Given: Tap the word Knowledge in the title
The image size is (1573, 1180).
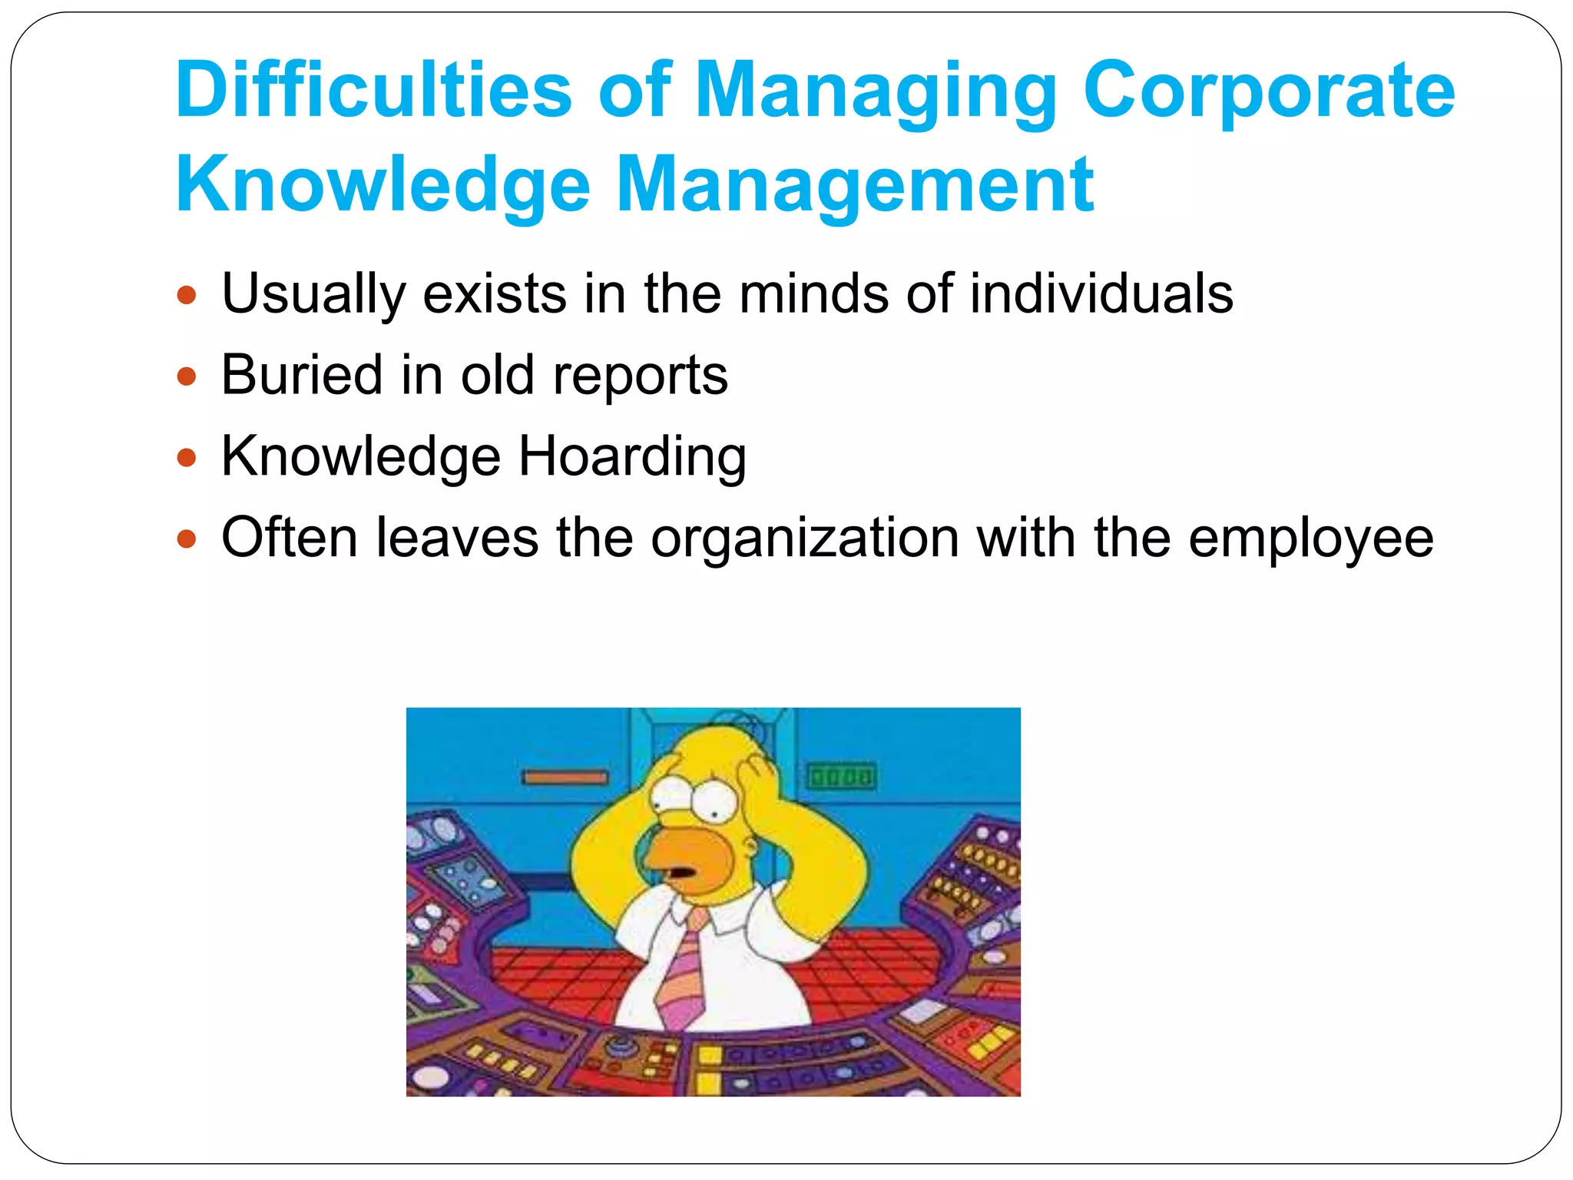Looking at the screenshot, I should pyautogui.click(x=382, y=185).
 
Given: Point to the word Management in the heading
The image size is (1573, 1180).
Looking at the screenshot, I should pyautogui.click(x=855, y=185).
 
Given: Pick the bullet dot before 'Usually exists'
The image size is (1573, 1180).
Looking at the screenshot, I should pyautogui.click(x=187, y=296).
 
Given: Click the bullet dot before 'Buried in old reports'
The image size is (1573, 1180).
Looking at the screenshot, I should pyautogui.click(x=187, y=376).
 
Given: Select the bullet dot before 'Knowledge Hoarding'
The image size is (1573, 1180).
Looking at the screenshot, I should pyautogui.click(x=187, y=458).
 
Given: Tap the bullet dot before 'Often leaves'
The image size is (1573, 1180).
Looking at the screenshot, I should pyautogui.click(x=187, y=539).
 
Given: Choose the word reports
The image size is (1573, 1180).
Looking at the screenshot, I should pyautogui.click(x=640, y=376).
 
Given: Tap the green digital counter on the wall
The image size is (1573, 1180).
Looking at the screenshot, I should pyautogui.click(x=841, y=777).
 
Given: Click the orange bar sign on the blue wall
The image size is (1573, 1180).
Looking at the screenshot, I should pyautogui.click(x=565, y=778).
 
